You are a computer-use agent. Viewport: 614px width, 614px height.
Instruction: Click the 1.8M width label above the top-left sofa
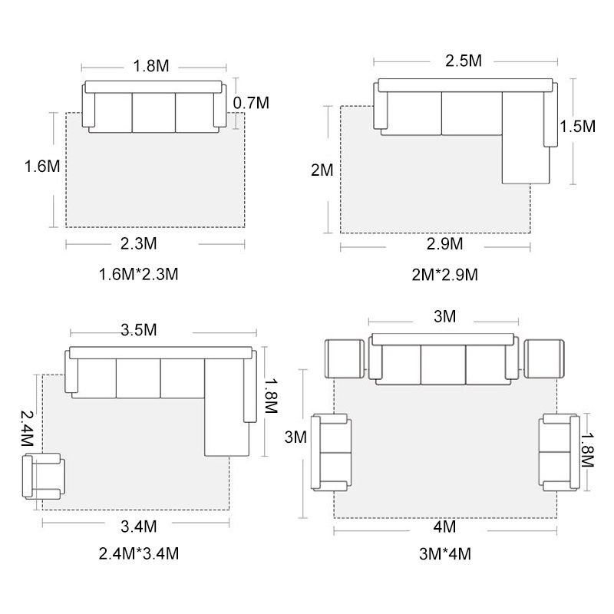tap(151, 66)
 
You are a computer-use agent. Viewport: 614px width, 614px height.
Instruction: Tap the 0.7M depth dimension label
tap(251, 103)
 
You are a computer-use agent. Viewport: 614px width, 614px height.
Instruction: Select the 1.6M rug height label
tap(42, 166)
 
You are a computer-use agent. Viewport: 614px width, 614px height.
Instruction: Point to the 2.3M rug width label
tap(139, 243)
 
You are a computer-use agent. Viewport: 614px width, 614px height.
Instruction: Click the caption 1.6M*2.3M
tap(139, 274)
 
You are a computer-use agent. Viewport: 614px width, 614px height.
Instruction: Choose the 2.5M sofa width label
tap(464, 61)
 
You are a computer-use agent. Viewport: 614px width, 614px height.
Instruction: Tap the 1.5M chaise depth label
tap(578, 126)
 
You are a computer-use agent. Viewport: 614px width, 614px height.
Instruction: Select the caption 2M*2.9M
tap(445, 275)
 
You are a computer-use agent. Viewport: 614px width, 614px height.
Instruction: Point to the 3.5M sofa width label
tap(139, 330)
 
